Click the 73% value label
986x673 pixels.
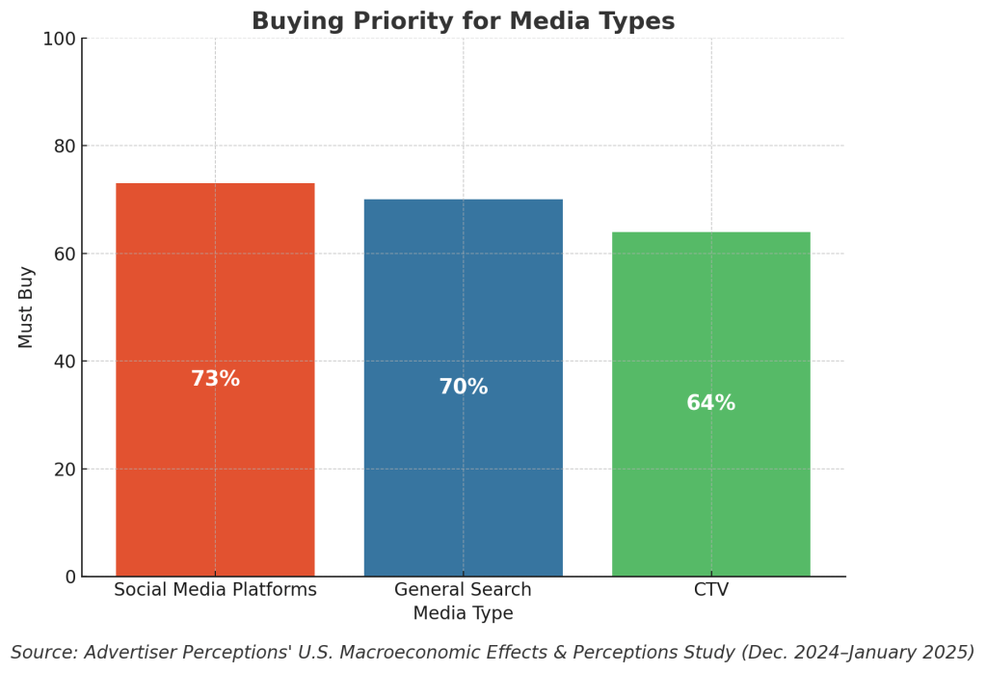tap(215, 379)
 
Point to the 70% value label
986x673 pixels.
tap(463, 387)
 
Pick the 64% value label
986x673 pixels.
tap(711, 403)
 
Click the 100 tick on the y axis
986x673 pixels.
tap(59, 39)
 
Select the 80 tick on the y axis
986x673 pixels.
tap(64, 147)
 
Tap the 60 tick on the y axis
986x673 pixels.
tap(64, 254)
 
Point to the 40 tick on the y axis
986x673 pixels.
tap(64, 362)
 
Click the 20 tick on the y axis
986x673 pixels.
tap(64, 470)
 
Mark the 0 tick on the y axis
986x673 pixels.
tap(69, 577)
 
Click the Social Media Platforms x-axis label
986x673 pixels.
tap(215, 590)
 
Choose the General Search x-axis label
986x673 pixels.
tap(463, 590)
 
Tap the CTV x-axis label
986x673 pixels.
tap(711, 590)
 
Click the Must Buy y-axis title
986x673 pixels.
tap(26, 307)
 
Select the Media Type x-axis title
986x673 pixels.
tap(463, 613)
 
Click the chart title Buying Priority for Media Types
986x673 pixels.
tap(463, 21)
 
